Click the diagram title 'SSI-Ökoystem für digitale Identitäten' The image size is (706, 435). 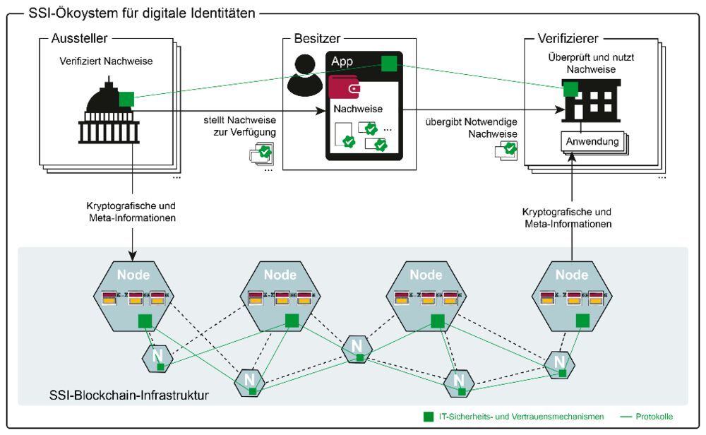coord(138,12)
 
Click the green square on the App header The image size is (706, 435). coord(388,64)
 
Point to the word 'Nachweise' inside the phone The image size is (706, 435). coord(358,109)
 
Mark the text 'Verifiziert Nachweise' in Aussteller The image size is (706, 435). coord(106,61)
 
